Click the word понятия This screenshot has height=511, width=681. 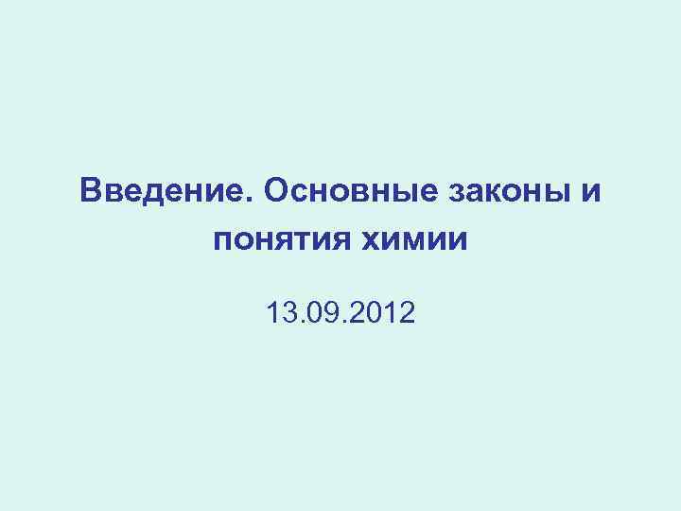(276, 242)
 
